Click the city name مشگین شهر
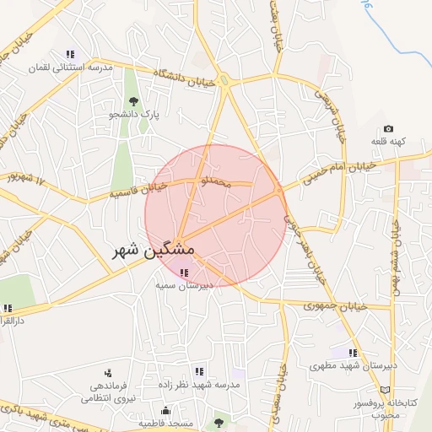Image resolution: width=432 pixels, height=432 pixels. pyautogui.click(x=153, y=251)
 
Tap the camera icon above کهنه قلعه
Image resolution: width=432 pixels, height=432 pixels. pyautogui.click(x=388, y=128)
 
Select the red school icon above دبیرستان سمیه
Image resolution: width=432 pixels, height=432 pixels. pyautogui.click(x=185, y=273)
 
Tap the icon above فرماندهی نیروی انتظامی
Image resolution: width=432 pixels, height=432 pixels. pyautogui.click(x=108, y=372)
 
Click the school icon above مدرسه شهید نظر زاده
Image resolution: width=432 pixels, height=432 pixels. pyautogui.click(x=199, y=370)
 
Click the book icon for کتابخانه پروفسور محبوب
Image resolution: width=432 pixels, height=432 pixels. pyautogui.click(x=386, y=390)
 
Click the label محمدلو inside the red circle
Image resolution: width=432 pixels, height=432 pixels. pyautogui.click(x=211, y=181)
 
